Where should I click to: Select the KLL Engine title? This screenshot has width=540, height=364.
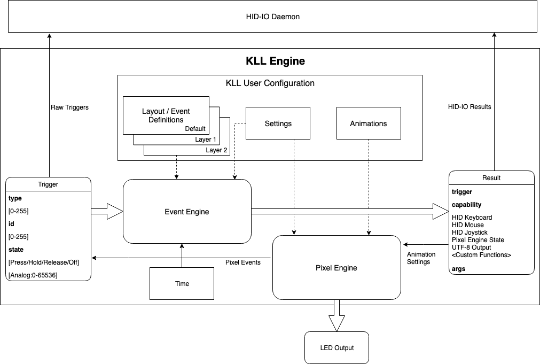click(x=275, y=61)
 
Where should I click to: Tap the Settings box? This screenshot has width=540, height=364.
click(x=278, y=123)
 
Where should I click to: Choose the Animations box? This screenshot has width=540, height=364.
click(x=368, y=123)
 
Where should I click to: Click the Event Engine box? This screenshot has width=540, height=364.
click(x=187, y=212)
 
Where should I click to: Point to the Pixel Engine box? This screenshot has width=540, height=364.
click(x=336, y=267)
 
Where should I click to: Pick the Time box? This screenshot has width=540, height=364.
click(x=182, y=283)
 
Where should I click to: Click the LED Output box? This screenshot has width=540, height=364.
click(x=336, y=348)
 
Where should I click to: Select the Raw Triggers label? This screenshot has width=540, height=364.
click(x=69, y=107)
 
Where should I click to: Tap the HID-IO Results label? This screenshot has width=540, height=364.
click(x=469, y=107)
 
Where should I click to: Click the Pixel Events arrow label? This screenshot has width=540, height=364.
click(x=243, y=262)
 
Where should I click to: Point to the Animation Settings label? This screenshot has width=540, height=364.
click(x=421, y=258)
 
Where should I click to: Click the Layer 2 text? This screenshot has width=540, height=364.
click(x=217, y=150)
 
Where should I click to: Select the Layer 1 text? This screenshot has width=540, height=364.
click(x=206, y=140)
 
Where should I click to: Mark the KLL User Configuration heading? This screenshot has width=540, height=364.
click(x=270, y=83)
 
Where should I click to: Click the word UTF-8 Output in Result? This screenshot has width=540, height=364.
click(x=471, y=247)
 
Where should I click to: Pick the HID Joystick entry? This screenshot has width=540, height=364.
click(x=469, y=233)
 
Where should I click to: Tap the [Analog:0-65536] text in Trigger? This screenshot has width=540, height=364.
click(x=33, y=275)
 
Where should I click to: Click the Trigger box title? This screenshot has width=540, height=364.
click(x=48, y=184)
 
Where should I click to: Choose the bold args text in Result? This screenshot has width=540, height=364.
click(x=458, y=269)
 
